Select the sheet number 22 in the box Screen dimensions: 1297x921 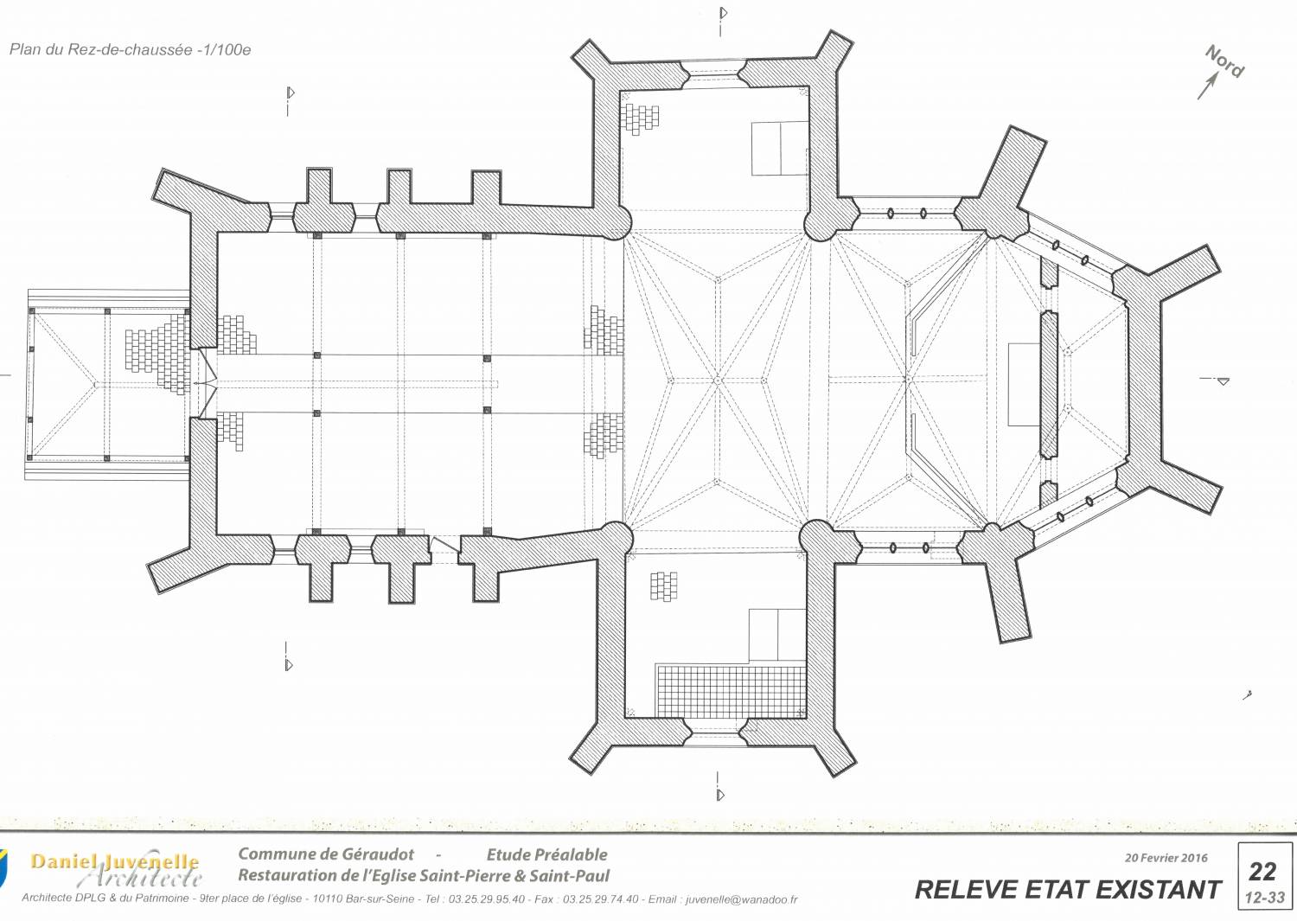(x=1262, y=872)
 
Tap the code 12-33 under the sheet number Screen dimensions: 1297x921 (x=1264, y=898)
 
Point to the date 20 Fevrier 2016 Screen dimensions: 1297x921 (x=1166, y=858)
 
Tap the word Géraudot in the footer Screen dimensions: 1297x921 (x=378, y=854)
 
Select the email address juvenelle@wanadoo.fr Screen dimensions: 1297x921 (x=742, y=899)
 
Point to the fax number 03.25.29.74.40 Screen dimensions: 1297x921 (x=600, y=899)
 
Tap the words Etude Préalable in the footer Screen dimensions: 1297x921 (x=546, y=855)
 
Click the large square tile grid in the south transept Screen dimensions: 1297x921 (x=730, y=692)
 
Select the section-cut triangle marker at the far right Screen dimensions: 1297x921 (x=1223, y=381)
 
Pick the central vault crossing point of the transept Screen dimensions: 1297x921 (x=718, y=381)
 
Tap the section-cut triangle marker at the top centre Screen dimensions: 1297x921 (x=724, y=13)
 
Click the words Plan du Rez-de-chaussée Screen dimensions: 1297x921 (x=101, y=50)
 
